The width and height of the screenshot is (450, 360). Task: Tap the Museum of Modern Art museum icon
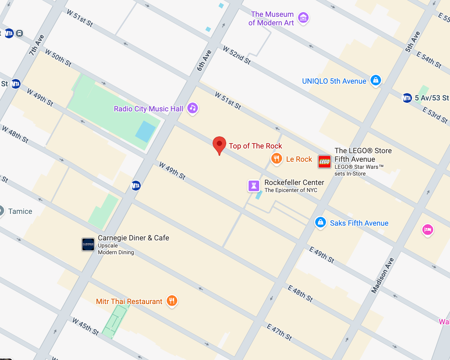coord(303,18)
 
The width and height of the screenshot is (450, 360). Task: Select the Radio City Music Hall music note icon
coord(193,108)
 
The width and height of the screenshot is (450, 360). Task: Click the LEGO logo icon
coord(325,161)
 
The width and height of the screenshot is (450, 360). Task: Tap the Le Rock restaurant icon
coord(276,159)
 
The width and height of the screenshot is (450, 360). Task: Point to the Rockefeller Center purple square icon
coord(254,186)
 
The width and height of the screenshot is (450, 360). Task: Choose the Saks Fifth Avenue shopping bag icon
coord(320,222)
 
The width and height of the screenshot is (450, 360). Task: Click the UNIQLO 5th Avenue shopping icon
coord(375,80)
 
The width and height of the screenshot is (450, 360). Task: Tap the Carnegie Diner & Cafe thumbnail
coord(88,244)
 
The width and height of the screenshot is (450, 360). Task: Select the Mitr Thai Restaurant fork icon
coord(172,301)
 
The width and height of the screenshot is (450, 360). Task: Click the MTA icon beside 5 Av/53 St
coord(407,98)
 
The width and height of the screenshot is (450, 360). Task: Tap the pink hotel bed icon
coord(427,229)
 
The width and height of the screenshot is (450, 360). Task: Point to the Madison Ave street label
coord(383,276)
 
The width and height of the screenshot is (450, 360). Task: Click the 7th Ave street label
coord(36,45)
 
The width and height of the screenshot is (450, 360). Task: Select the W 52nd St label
coord(237,55)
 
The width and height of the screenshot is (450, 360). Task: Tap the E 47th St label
coord(279,332)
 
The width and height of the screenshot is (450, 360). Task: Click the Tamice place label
coord(20,211)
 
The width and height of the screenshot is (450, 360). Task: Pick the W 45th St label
coord(85,326)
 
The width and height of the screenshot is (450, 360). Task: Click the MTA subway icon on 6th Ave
coord(135,186)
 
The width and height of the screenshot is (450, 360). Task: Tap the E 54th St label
coord(429,60)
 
